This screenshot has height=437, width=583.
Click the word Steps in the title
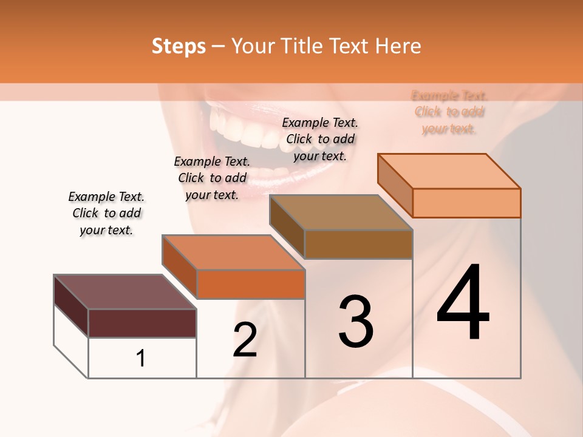pos(179,46)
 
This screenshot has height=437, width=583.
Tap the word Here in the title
pos(398,46)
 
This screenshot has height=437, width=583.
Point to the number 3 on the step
pos(355,322)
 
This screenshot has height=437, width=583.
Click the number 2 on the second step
pos(245,340)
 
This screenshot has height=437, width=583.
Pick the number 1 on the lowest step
pos(141,358)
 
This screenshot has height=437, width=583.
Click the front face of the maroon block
pos(142,323)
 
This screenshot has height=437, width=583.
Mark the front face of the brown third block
pos(358,244)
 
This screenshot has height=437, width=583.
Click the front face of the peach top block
pos(466,203)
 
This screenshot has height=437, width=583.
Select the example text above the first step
pos(106,213)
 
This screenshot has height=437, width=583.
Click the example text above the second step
pos(212,178)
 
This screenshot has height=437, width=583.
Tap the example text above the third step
pos(320,139)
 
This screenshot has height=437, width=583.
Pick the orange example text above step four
pos(449,112)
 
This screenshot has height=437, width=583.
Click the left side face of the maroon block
pos(71,305)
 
